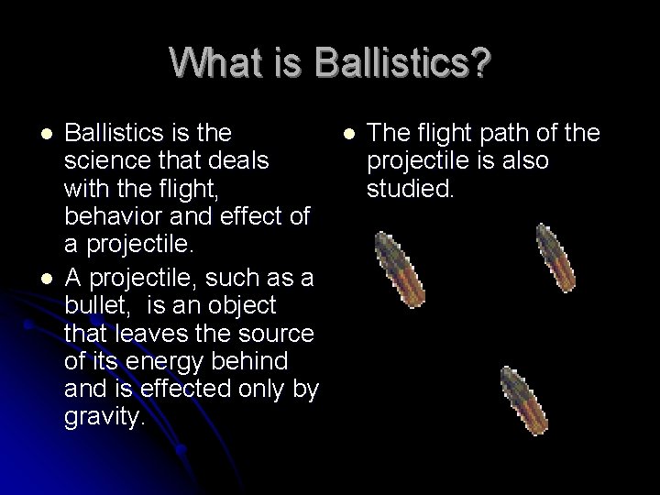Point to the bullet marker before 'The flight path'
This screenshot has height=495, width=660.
(349, 136)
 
